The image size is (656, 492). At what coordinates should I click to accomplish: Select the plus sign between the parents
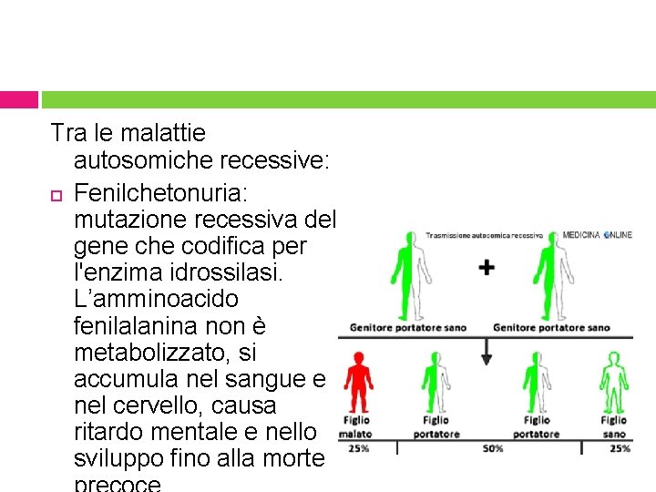(x=487, y=268)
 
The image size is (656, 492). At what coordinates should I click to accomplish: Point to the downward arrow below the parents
(x=487, y=350)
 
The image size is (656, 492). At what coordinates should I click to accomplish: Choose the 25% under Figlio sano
(x=620, y=449)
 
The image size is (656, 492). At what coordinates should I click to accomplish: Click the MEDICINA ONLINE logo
(x=597, y=235)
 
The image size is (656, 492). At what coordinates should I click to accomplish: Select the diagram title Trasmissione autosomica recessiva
(x=484, y=236)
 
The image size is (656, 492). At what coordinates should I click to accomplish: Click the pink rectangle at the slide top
(x=19, y=99)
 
